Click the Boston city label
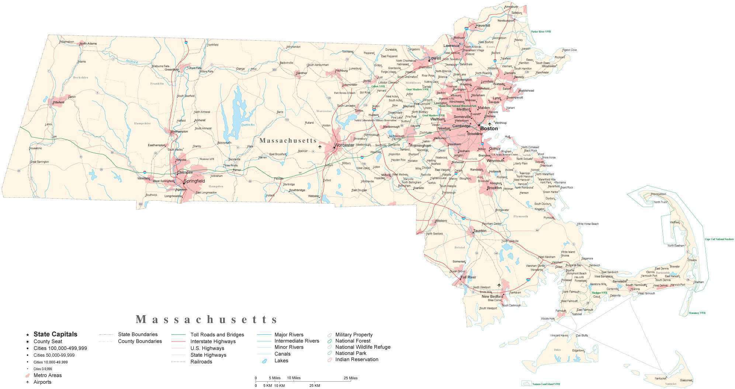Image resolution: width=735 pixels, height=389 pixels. (x=489, y=129)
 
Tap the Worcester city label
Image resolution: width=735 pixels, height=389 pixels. (x=344, y=145)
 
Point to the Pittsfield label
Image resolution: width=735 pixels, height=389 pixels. (x=58, y=102)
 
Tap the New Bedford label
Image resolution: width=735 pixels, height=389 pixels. (x=492, y=296)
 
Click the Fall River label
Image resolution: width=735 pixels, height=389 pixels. (x=468, y=277)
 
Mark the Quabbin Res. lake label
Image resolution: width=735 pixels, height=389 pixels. (x=248, y=125)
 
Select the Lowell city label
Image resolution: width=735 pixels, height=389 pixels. (x=434, y=58)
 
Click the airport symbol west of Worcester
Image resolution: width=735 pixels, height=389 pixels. (x=320, y=147)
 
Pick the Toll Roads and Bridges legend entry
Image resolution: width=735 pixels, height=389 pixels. (x=217, y=335)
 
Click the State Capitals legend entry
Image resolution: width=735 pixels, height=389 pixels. (x=55, y=334)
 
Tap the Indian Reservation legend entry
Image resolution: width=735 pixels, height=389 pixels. (x=357, y=359)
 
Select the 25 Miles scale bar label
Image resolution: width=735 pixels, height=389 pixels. (x=350, y=378)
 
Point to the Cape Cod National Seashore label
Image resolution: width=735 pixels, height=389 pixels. (x=719, y=239)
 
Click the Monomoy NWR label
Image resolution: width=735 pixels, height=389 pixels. (x=697, y=313)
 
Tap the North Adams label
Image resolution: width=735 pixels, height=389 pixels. (x=88, y=44)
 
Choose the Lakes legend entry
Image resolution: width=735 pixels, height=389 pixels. (x=281, y=361)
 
